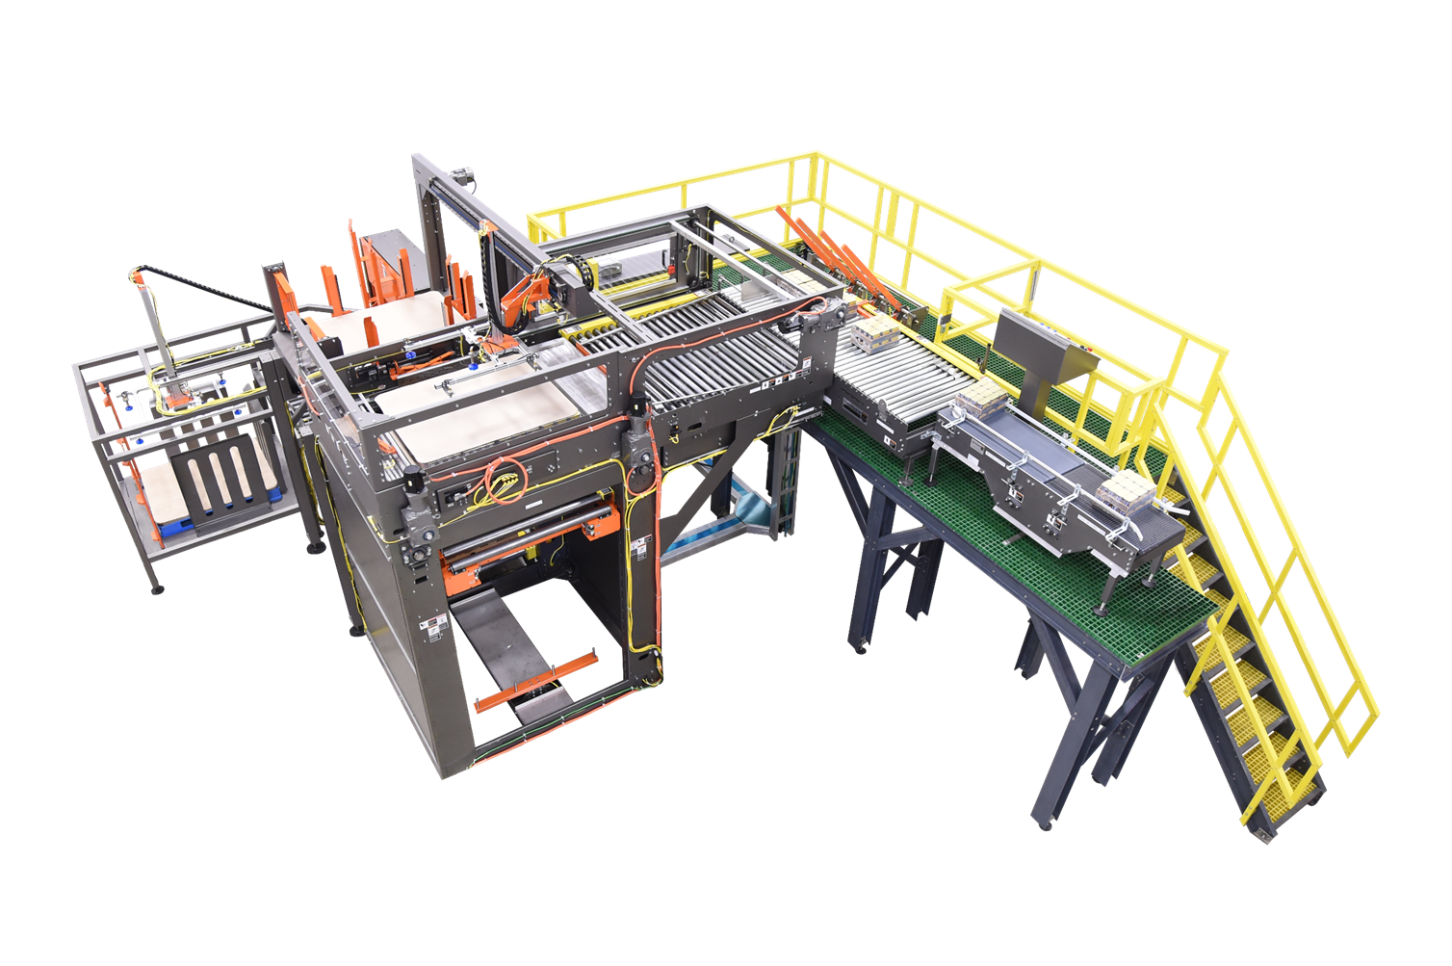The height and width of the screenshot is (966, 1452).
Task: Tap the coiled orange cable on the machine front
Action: [504, 475]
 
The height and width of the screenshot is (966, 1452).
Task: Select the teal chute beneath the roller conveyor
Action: [741, 501]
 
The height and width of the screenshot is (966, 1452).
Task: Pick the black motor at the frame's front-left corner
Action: [411, 477]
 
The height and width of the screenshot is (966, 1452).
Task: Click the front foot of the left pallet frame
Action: [157, 586]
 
